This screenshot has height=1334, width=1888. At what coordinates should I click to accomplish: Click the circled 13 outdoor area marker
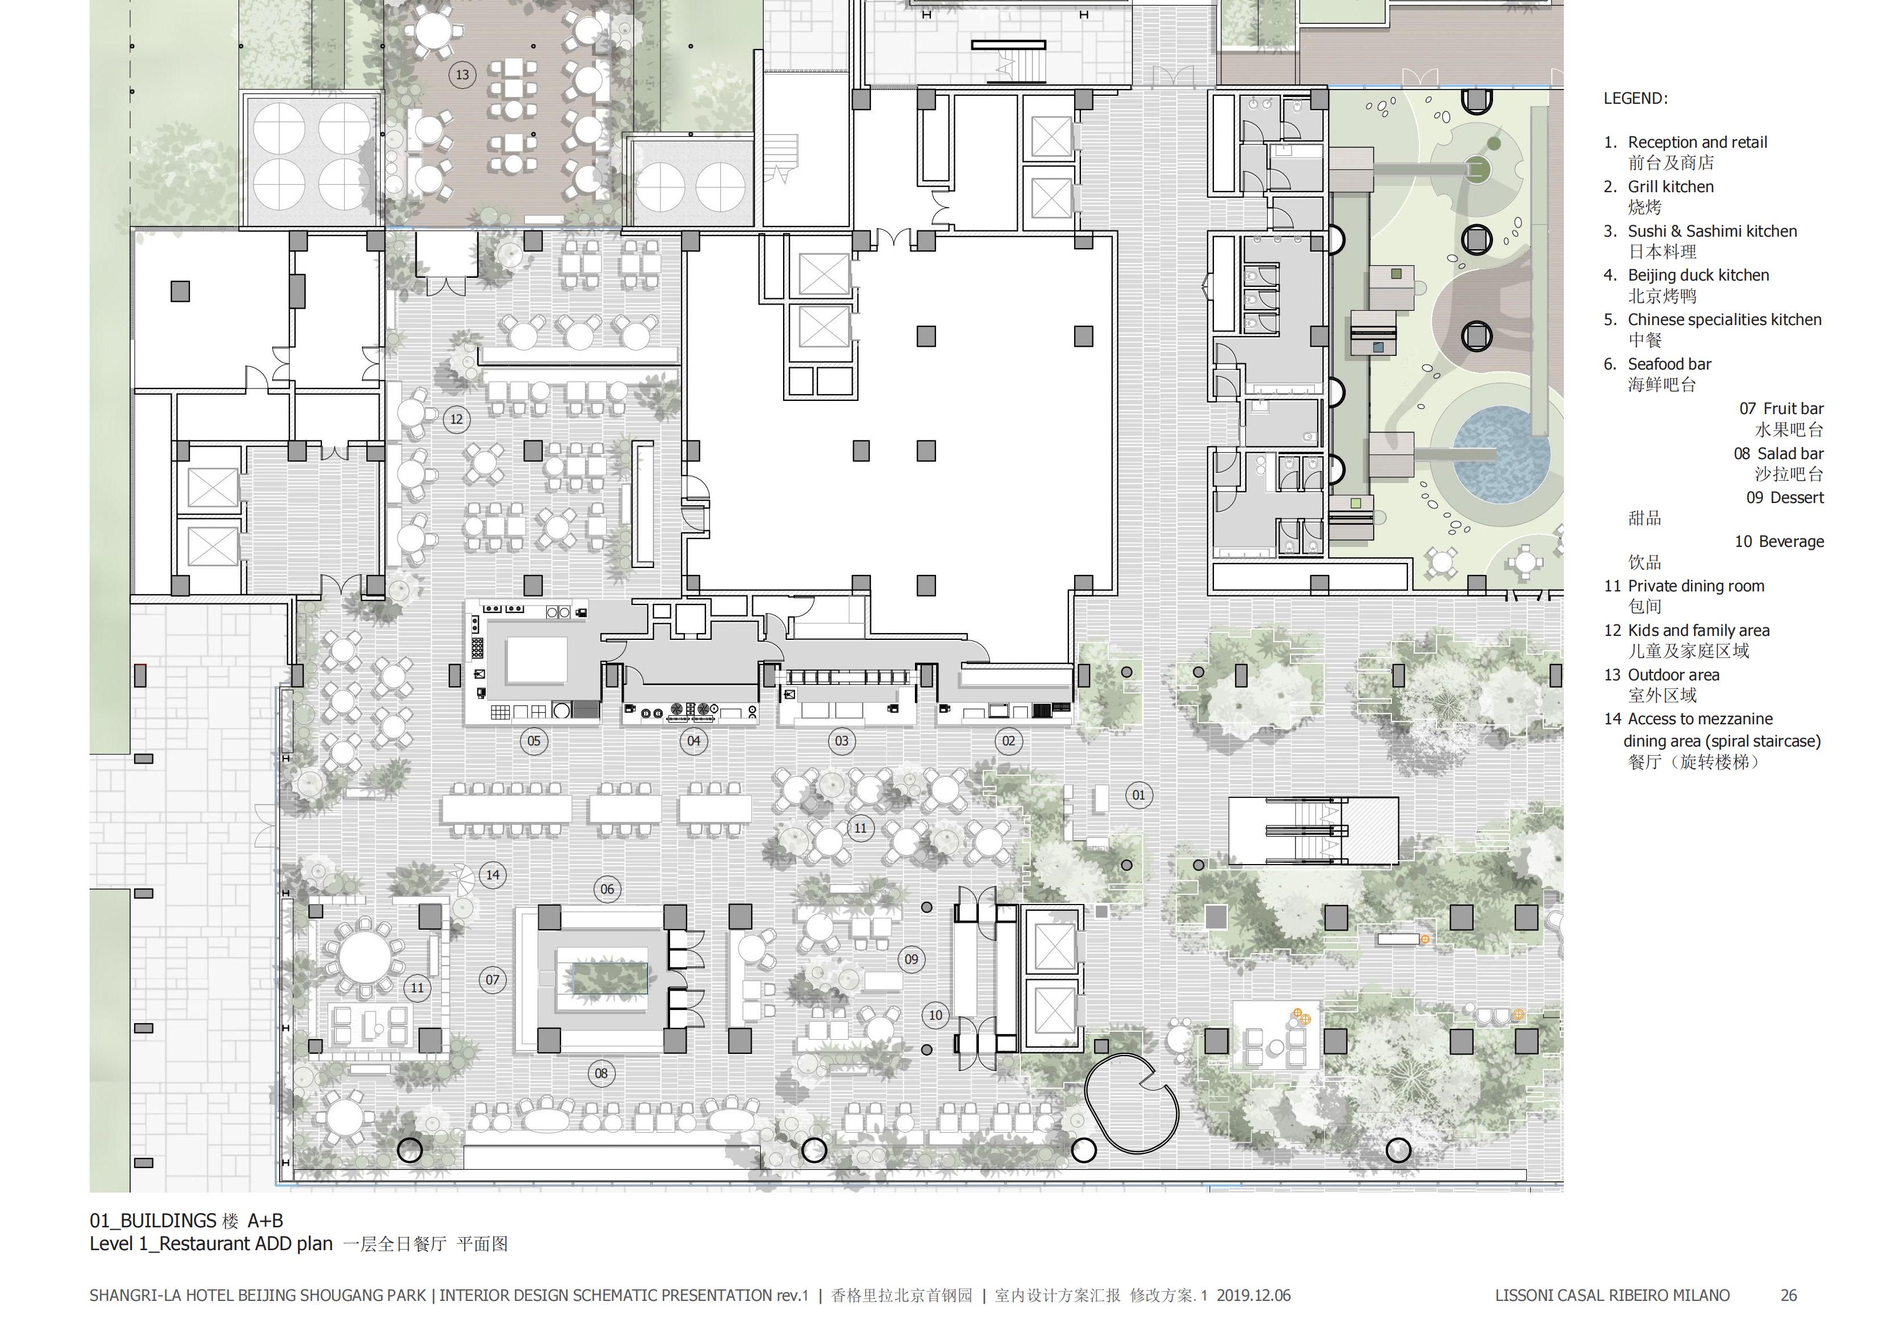point(462,75)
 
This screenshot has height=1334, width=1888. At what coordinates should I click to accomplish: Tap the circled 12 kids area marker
point(457,419)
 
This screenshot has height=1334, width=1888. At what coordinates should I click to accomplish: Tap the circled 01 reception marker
point(1138,795)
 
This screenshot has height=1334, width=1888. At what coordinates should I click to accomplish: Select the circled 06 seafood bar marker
point(607,889)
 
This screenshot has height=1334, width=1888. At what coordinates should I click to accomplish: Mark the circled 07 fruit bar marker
point(492,980)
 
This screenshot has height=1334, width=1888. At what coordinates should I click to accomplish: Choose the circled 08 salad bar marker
point(601,1073)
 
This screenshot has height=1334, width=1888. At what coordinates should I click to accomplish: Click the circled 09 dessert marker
point(911,959)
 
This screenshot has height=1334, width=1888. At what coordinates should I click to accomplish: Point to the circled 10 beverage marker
point(935,1015)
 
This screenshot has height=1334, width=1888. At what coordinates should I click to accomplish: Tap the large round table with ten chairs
point(365,958)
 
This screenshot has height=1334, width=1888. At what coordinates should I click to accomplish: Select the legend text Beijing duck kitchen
point(1698,275)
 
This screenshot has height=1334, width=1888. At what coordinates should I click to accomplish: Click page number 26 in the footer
point(1789,1295)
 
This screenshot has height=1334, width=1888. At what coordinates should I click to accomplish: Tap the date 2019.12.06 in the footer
point(1253,1295)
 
